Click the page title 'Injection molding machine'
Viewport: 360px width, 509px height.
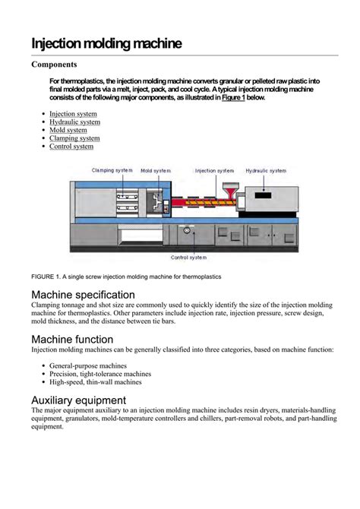tap(106, 43)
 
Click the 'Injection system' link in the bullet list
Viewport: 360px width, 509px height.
tap(73, 114)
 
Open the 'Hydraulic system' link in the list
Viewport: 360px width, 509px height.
tap(74, 122)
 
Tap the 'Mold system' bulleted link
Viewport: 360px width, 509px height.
tap(68, 130)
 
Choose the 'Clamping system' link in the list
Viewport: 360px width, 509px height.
tap(74, 138)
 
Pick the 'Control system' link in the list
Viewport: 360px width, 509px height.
tap(71, 147)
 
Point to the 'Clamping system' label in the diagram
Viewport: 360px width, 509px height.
tap(115, 171)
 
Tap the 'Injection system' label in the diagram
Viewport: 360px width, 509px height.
tap(215, 171)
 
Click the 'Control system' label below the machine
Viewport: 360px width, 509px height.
tap(189, 258)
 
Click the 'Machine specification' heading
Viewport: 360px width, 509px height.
tap(84, 294)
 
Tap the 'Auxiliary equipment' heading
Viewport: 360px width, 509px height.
tap(81, 400)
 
